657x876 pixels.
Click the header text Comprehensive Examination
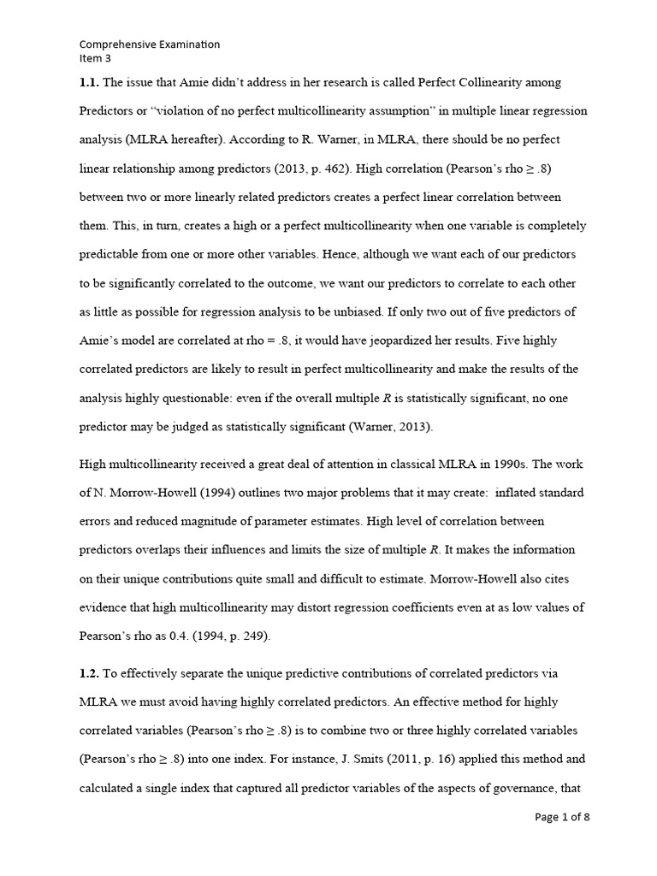150,44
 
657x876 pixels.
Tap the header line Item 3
95,58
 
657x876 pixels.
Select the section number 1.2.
90,675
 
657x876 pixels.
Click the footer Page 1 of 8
562,817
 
